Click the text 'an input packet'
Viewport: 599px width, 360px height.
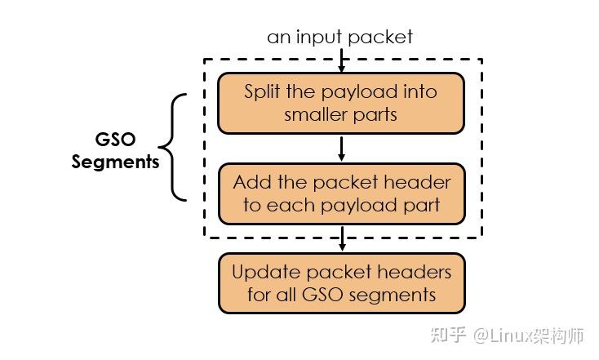click(339, 37)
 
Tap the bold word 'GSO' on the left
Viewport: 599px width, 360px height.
click(115, 140)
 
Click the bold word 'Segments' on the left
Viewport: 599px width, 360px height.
click(115, 162)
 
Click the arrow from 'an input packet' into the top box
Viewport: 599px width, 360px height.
click(341, 60)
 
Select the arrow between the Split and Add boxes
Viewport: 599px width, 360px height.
click(341, 149)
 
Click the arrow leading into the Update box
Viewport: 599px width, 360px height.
click(341, 239)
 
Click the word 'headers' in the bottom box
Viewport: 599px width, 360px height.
click(419, 271)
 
